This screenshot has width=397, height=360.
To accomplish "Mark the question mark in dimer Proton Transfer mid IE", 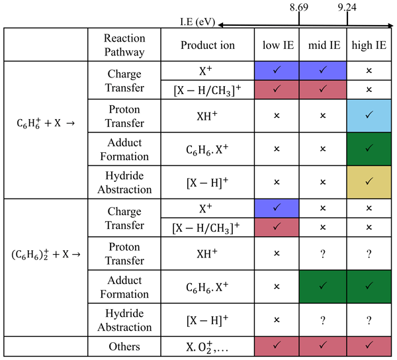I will point(324,252).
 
